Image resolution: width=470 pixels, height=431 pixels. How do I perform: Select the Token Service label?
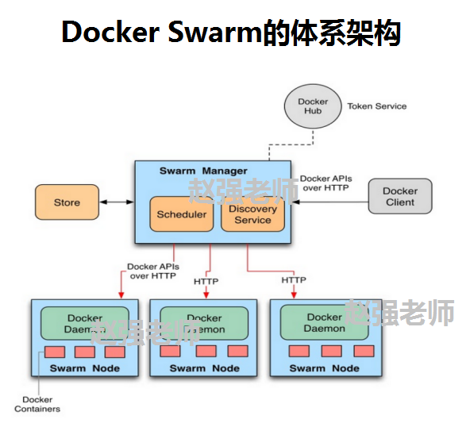[x=377, y=106]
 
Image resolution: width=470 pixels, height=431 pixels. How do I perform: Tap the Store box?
[x=67, y=202]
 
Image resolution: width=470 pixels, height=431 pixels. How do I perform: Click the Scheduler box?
[x=182, y=214]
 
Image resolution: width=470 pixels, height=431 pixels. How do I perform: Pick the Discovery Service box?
[x=252, y=214]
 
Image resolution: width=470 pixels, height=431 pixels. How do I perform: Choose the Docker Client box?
[x=400, y=197]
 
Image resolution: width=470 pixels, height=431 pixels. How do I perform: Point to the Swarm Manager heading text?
[x=202, y=171]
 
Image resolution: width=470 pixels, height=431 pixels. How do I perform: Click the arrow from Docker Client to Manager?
[x=330, y=203]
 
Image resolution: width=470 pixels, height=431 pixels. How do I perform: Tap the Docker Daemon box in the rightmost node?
[x=325, y=322]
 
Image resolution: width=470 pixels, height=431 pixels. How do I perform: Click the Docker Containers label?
[x=37, y=405]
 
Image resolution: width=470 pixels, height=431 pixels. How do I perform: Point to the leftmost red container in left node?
[x=55, y=352]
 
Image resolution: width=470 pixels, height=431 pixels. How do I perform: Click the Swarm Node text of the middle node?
[x=205, y=368]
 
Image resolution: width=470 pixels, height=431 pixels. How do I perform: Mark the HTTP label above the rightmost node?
[x=294, y=280]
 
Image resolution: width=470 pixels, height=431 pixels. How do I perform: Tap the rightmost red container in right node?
[x=364, y=351]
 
